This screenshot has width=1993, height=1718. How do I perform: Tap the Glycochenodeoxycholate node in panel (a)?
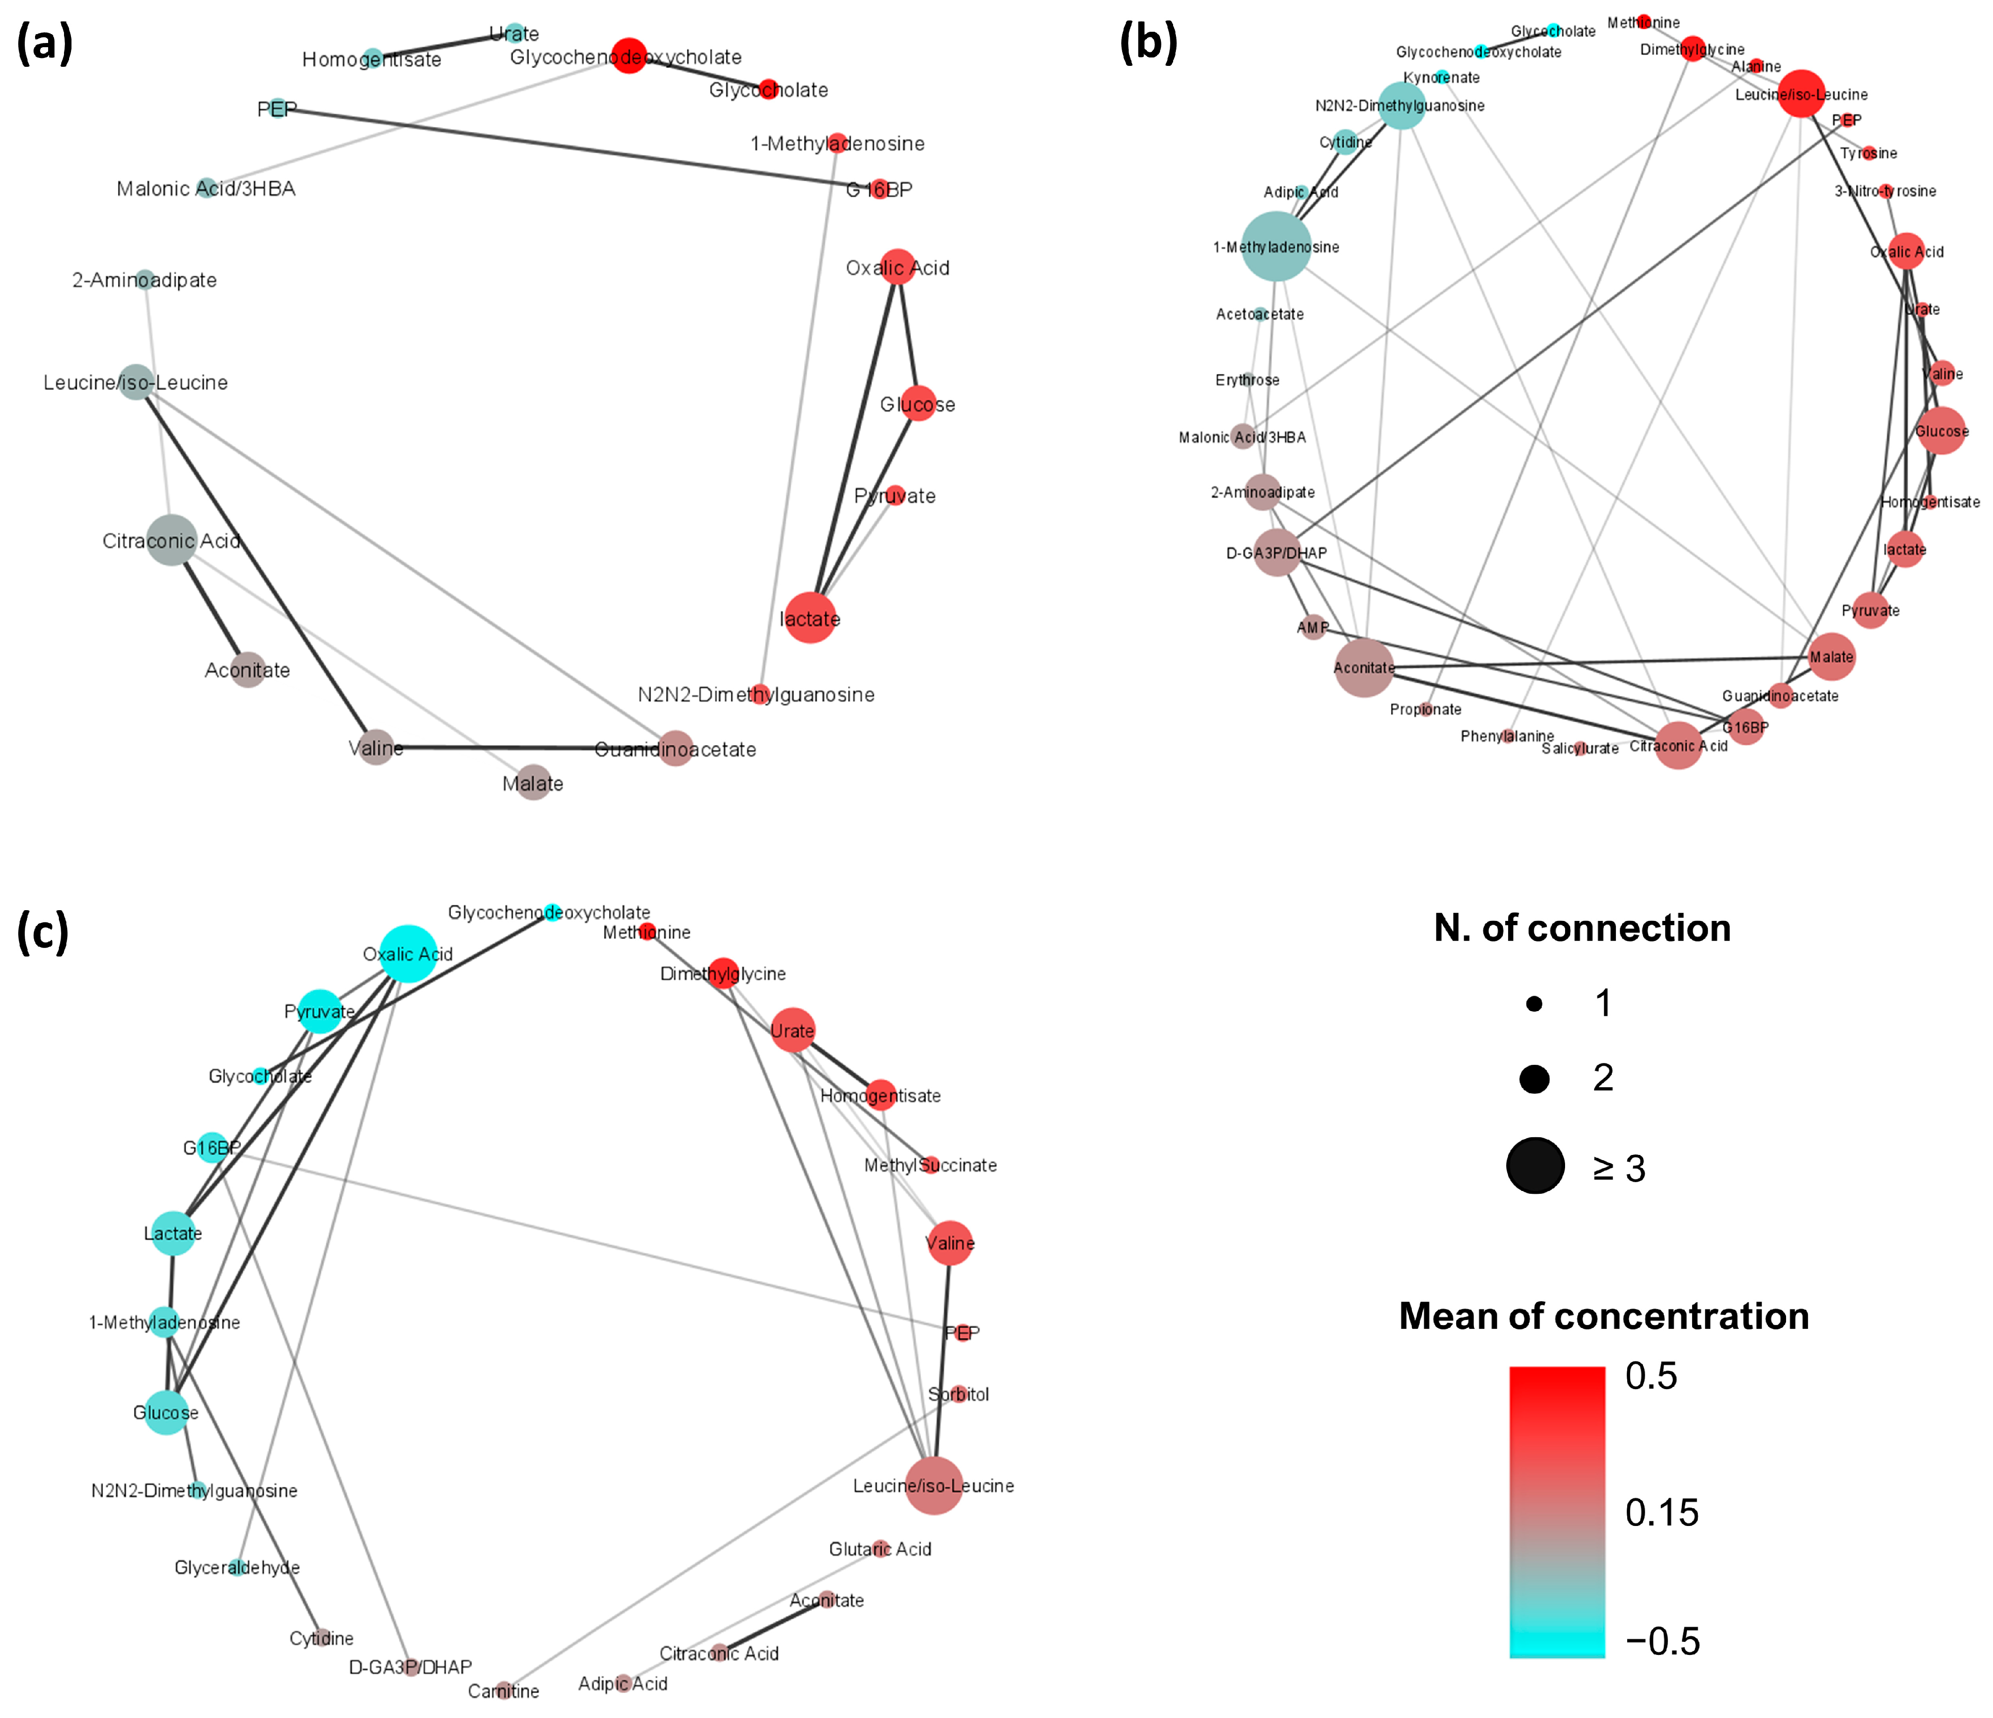(x=628, y=56)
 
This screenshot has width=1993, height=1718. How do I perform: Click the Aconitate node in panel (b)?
(x=1363, y=668)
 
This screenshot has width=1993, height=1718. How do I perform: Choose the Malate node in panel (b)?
(x=1831, y=657)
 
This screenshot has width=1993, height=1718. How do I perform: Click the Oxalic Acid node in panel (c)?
(x=409, y=953)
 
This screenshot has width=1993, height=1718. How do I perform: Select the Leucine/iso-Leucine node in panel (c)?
(x=933, y=1485)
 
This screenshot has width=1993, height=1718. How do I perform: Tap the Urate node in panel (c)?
(x=793, y=1030)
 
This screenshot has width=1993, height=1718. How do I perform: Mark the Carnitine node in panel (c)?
(x=503, y=1690)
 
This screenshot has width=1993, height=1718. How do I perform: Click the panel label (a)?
(x=44, y=43)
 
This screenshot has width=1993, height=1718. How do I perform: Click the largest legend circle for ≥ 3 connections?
(x=1535, y=1166)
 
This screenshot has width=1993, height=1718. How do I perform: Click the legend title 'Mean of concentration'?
(x=1603, y=1316)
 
